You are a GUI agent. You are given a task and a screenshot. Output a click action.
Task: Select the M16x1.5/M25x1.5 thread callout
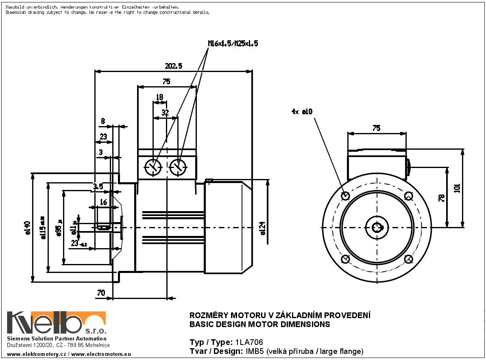pos(233,44)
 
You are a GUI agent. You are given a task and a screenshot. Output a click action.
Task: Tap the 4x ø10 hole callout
pos(302,111)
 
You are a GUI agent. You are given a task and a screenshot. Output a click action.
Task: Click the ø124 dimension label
pos(263,228)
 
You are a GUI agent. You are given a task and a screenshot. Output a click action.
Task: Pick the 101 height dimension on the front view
pos(457,188)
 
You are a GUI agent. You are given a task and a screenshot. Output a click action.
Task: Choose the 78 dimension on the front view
pos(442,198)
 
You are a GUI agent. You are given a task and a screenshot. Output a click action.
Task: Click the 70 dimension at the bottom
pos(101,292)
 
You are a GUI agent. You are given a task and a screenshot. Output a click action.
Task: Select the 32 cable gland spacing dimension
pos(165,113)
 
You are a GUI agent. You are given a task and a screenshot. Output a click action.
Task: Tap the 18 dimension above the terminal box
pos(159,97)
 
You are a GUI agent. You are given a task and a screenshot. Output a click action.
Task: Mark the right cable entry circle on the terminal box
pos(178,167)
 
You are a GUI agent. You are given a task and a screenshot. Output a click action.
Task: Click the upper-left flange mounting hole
pos(345,196)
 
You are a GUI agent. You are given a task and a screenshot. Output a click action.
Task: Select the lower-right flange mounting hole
pos(409,259)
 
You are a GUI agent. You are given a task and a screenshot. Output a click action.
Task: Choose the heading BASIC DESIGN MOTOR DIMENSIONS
pos(260,325)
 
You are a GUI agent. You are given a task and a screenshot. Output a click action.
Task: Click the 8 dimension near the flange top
pos(102,121)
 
